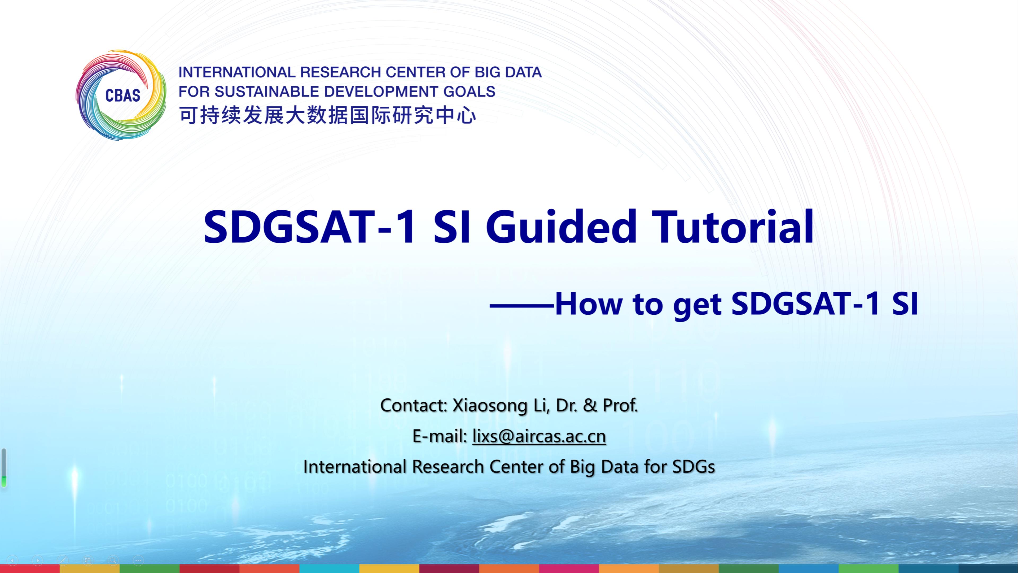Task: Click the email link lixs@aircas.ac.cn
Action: (x=539, y=436)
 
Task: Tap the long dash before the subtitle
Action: (x=522, y=305)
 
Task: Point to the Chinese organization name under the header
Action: (x=328, y=115)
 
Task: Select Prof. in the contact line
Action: (x=620, y=405)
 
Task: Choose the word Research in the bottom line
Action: (x=449, y=467)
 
